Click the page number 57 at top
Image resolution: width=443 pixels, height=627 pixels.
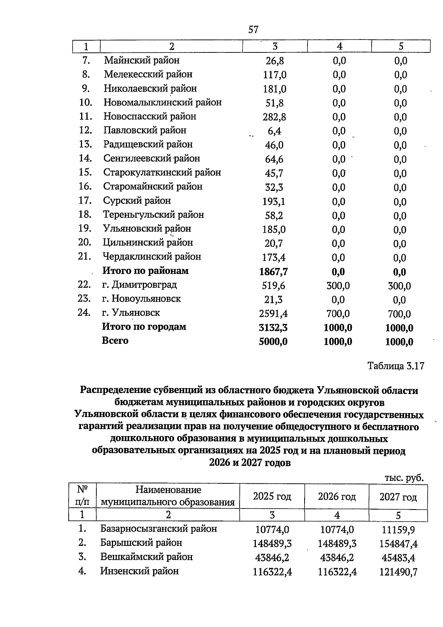(x=253, y=30)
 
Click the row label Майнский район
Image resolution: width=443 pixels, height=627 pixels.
(x=142, y=60)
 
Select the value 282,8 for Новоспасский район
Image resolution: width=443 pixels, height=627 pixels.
(x=274, y=117)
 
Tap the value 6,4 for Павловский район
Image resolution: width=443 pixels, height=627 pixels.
(x=274, y=131)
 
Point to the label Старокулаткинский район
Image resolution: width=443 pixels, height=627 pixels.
(x=162, y=172)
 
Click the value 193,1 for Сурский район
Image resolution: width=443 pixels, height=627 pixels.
(x=274, y=202)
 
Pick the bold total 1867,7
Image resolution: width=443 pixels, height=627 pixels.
(x=274, y=272)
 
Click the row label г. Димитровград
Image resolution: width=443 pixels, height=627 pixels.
(x=140, y=285)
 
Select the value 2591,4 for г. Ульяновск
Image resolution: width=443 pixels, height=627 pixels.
(x=274, y=314)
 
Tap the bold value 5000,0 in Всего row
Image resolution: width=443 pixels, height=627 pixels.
(x=273, y=342)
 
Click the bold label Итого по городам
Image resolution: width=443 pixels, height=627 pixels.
(x=144, y=327)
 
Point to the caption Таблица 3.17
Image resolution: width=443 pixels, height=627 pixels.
(x=396, y=366)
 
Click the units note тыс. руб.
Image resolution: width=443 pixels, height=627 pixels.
(x=404, y=478)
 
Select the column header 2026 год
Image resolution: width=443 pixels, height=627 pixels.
(x=337, y=497)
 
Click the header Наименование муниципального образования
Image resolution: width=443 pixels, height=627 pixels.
(x=168, y=496)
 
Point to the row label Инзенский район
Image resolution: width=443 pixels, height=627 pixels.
(x=139, y=571)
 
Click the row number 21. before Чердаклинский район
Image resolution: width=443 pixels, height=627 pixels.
(x=85, y=256)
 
